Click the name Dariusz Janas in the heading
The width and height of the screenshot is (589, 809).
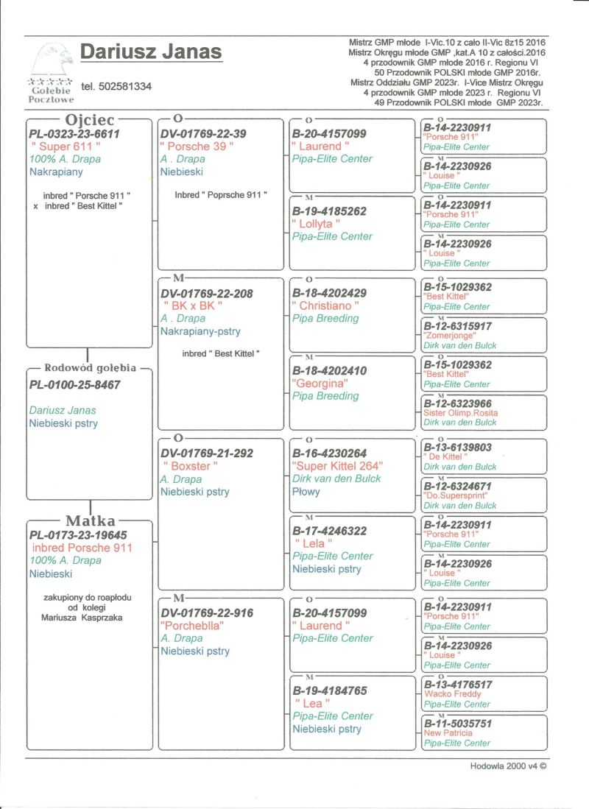coord(150,52)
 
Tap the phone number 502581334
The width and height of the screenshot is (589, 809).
coord(116,86)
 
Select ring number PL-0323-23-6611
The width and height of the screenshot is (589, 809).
coord(74,134)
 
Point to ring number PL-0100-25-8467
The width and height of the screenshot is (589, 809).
coord(74,384)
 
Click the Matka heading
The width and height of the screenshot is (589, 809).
coord(91,522)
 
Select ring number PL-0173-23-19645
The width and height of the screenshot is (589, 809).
coord(79,535)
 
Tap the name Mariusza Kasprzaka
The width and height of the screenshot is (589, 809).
coord(82,618)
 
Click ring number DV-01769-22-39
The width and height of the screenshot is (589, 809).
coord(202,134)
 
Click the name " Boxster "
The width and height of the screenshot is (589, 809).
coord(190,466)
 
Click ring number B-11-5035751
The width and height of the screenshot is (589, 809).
coord(457,723)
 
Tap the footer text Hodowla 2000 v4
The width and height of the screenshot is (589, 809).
coord(509,766)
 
